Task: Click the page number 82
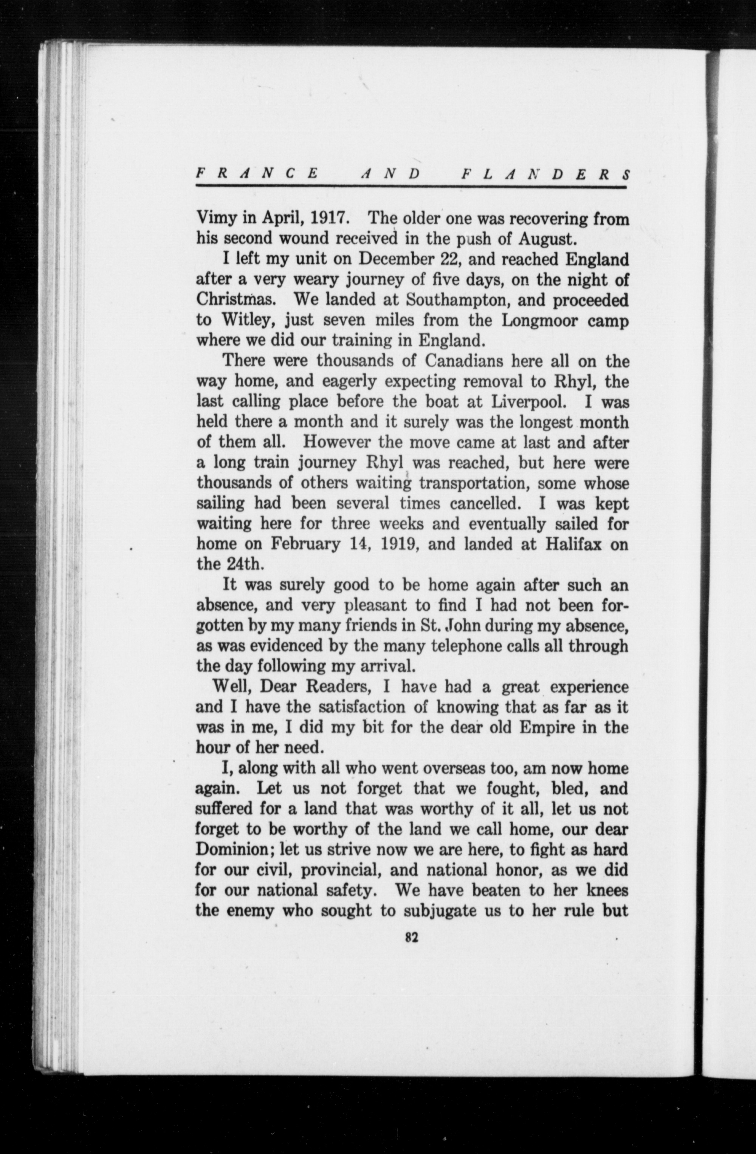click(411, 937)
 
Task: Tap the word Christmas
click(236, 300)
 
